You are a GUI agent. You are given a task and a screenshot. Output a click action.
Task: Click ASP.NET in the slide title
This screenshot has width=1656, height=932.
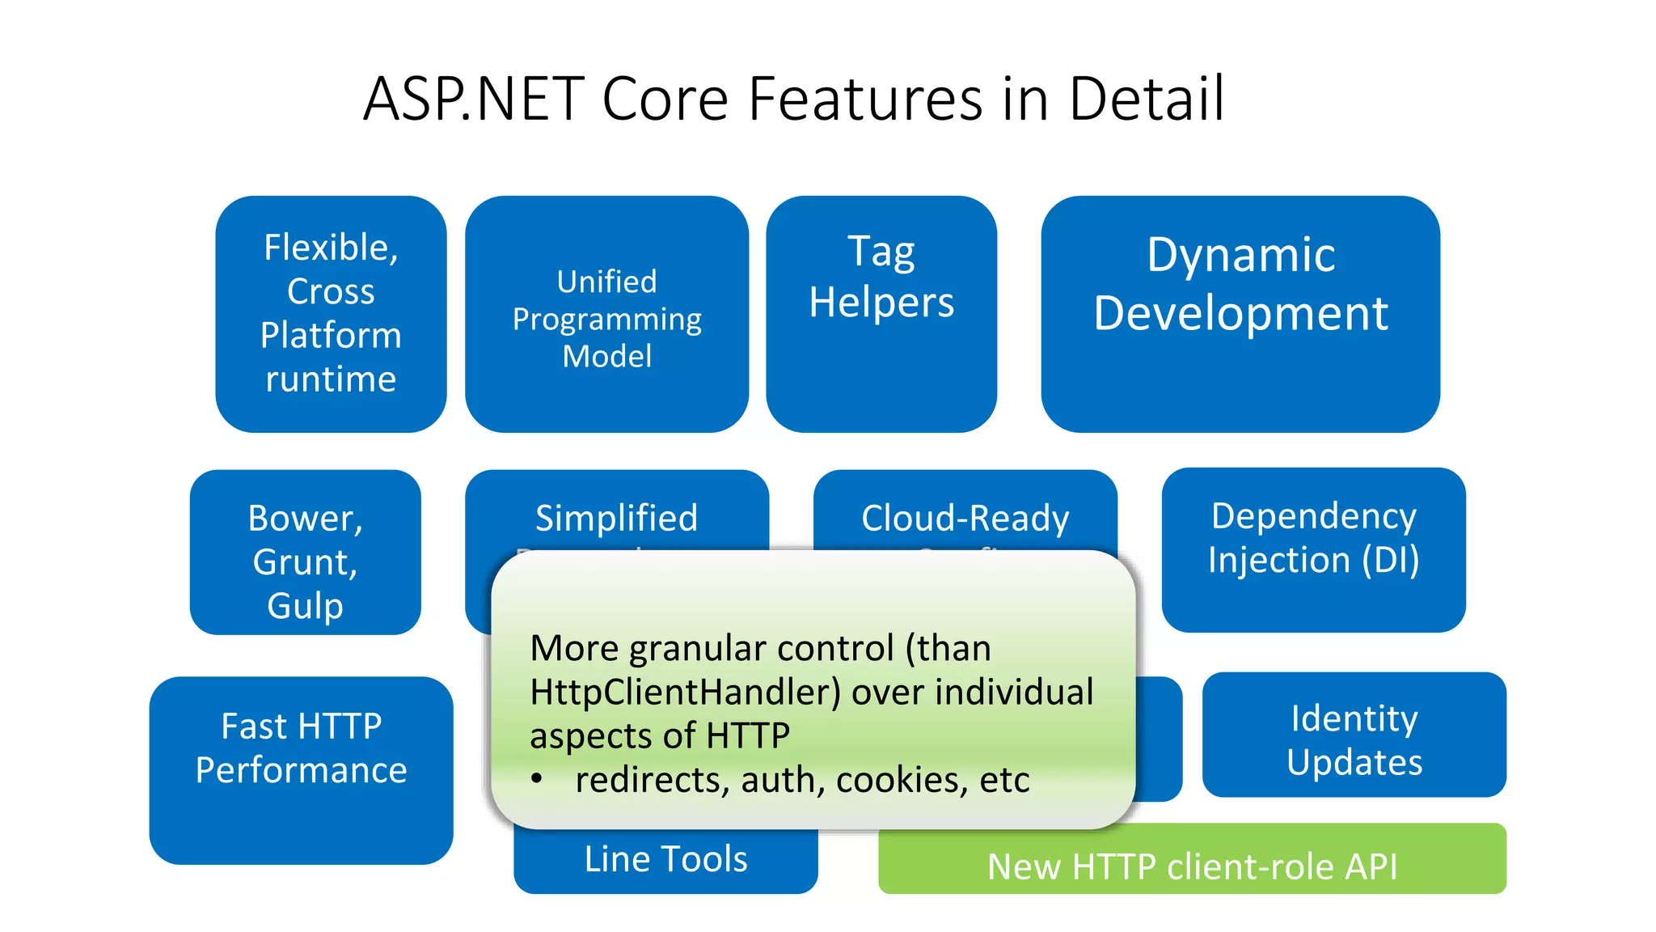[x=473, y=99]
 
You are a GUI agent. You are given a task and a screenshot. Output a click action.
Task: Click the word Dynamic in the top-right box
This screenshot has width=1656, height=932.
[x=1240, y=255]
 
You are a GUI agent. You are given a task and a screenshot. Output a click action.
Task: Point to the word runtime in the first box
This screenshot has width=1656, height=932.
[x=331, y=379]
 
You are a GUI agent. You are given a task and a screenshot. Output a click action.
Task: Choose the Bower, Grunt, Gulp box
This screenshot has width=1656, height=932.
[x=305, y=552]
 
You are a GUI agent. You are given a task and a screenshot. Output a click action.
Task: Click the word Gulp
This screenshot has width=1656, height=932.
[x=305, y=606]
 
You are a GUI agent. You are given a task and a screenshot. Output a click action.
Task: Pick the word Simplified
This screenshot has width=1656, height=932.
[x=616, y=518]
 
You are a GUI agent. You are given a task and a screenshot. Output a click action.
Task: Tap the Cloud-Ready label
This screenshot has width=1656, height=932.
[x=965, y=518]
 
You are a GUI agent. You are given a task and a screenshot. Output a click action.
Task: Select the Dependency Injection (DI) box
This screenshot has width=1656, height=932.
[x=1313, y=550]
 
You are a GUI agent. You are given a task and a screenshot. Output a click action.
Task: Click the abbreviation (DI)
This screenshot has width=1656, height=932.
[x=1390, y=560]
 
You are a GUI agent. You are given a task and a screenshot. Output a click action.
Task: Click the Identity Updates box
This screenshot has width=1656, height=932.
[x=1354, y=735]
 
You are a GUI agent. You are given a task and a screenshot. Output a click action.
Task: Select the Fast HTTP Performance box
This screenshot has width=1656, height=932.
[x=301, y=770]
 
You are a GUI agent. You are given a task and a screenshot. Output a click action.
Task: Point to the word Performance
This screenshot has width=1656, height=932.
[x=301, y=770]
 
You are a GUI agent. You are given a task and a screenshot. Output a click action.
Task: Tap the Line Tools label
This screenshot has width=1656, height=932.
[x=665, y=859]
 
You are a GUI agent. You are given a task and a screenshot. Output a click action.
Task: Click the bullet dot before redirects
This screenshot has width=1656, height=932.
[x=537, y=779]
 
